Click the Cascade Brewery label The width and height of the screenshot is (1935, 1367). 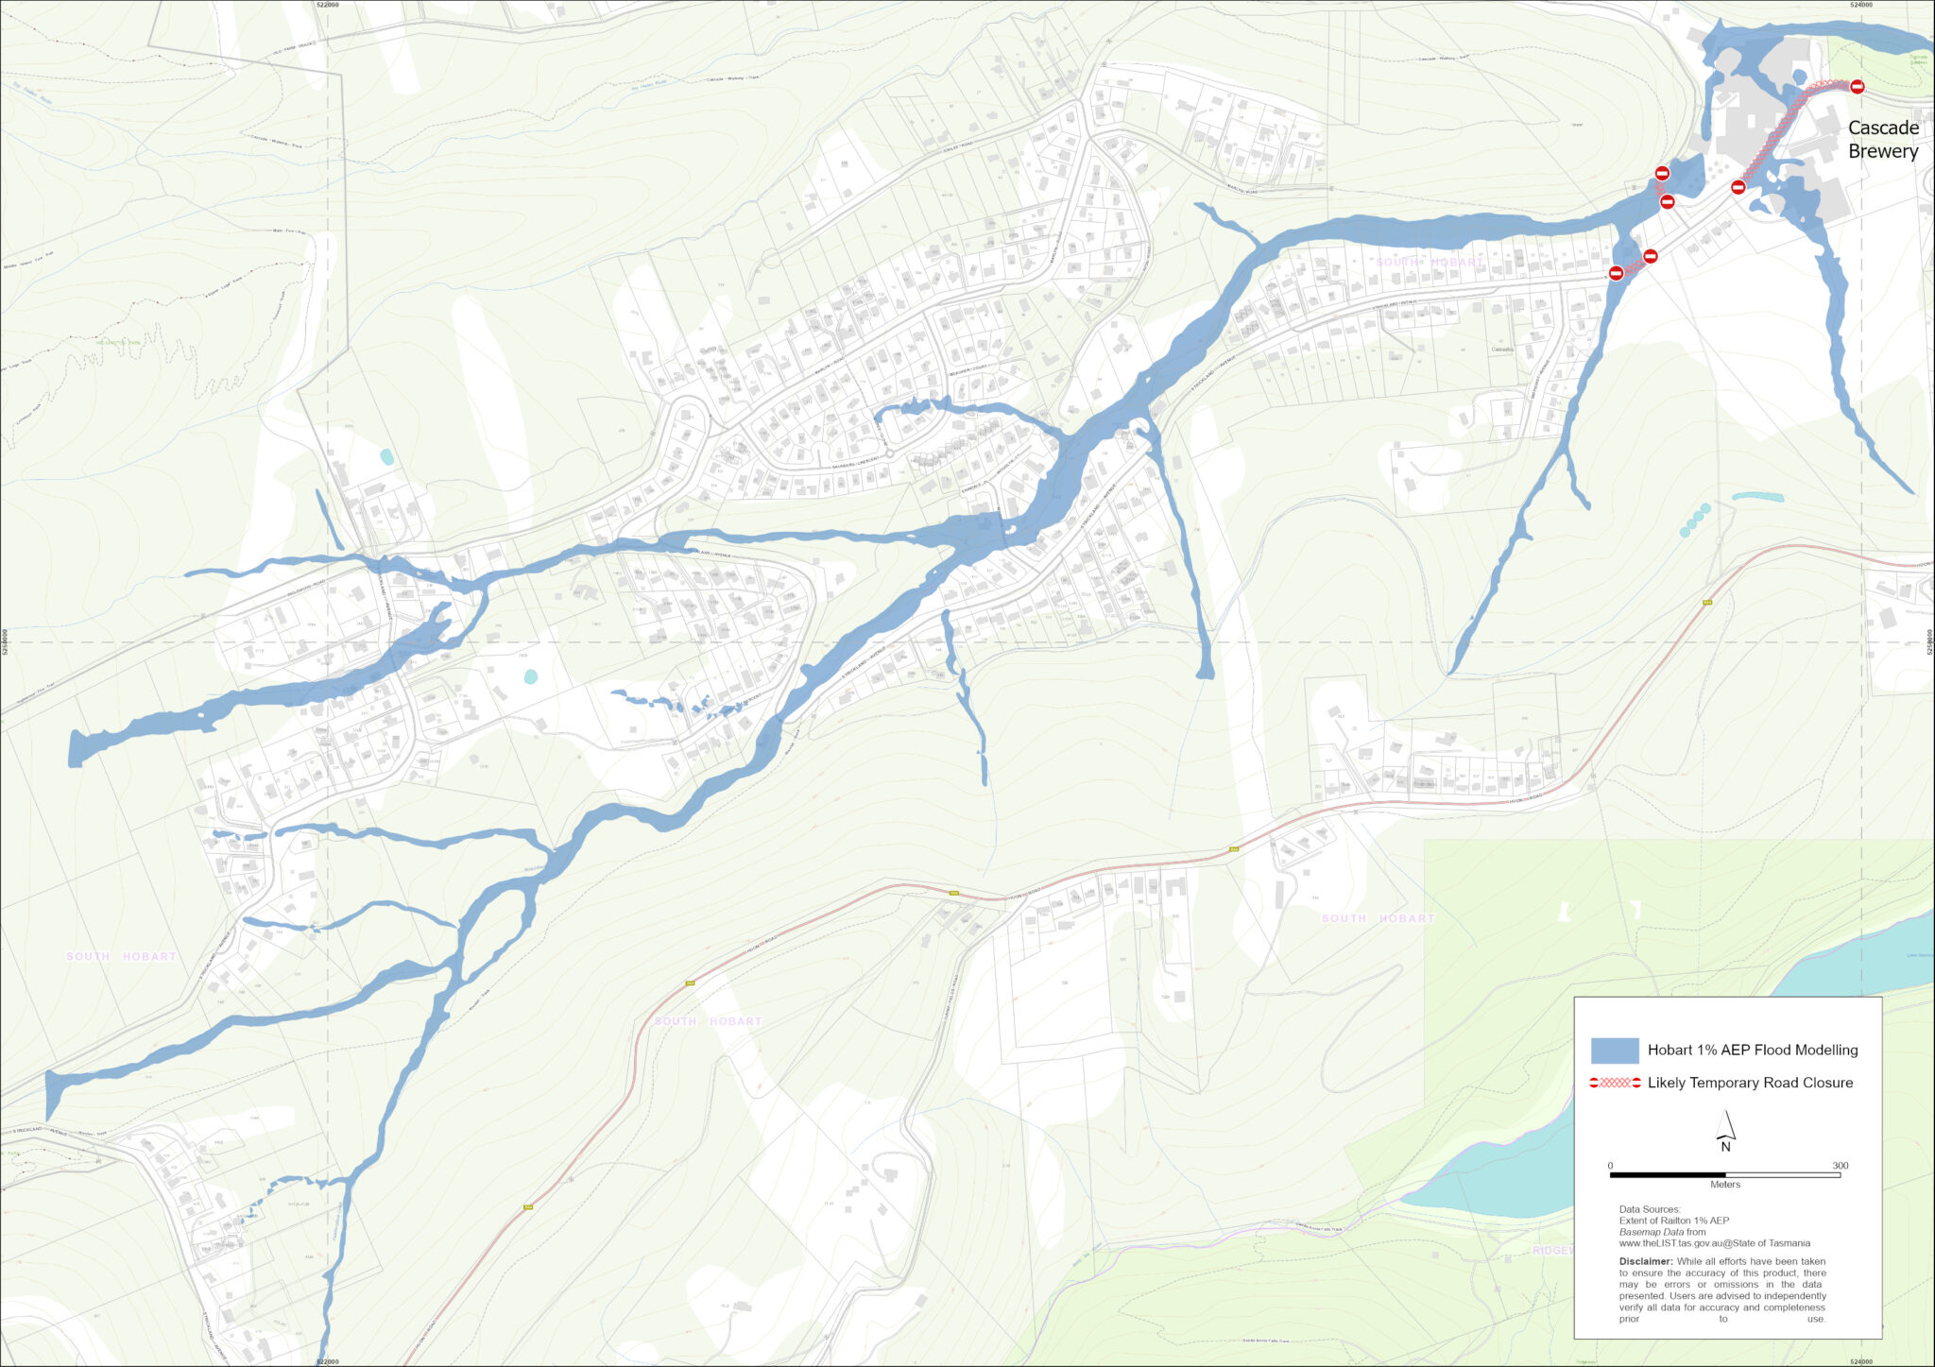[1882, 140]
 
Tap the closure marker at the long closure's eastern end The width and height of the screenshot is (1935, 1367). [1857, 87]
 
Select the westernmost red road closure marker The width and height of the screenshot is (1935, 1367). [1616, 273]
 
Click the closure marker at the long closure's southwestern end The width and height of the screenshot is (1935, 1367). [1738, 187]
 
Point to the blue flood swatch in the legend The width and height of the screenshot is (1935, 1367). [1615, 1051]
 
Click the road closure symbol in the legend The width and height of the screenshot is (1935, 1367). [1615, 1083]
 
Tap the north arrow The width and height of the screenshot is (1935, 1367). [1725, 1129]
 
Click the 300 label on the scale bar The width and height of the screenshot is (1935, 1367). [1840, 1165]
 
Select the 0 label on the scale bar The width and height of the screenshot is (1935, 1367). [1610, 1165]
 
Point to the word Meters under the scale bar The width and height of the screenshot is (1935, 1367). [1724, 1185]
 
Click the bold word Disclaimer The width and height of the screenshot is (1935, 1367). [1645, 1261]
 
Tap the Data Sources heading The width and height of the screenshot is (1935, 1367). [1649, 1209]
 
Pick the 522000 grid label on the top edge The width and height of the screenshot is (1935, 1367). [327, 5]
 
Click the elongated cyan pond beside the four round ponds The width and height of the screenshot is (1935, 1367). [1757, 496]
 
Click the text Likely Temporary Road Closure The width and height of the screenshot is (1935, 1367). [1750, 1083]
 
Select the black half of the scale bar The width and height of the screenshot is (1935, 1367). [1668, 1175]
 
